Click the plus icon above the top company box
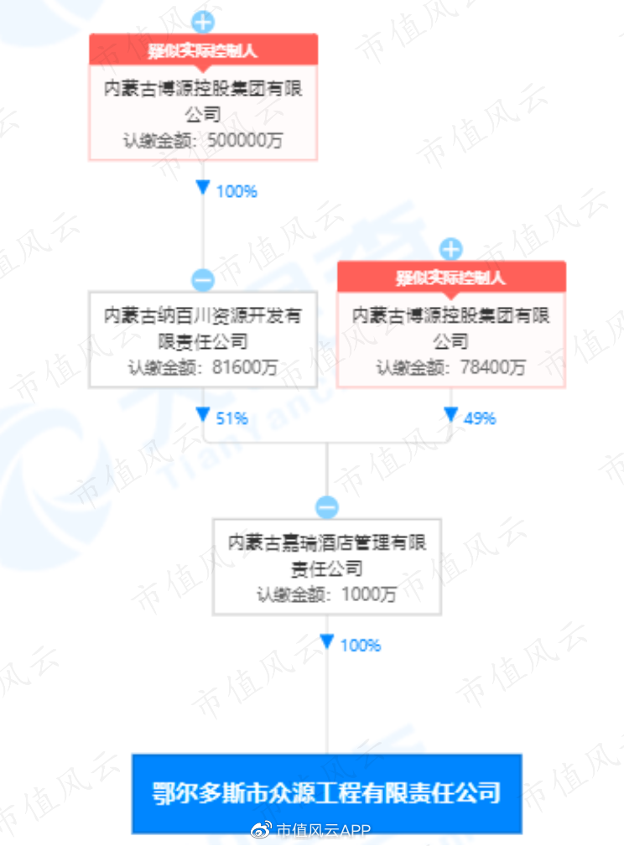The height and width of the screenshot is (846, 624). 203,22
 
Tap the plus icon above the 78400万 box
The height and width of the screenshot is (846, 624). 451,249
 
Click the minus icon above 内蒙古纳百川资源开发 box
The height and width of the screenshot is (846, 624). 203,279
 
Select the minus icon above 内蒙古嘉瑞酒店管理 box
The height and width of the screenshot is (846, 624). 326,507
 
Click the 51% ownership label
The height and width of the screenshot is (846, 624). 231,418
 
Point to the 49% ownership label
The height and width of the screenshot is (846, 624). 480,418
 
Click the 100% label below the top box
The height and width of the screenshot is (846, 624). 237,191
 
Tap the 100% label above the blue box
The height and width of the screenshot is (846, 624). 361,645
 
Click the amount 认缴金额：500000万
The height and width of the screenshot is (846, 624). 203,140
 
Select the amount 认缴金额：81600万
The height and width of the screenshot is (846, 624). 203,367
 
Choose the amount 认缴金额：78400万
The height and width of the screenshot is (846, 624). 451,367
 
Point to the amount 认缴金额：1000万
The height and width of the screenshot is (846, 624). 326,594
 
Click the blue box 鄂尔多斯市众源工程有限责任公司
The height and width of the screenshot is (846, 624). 326,793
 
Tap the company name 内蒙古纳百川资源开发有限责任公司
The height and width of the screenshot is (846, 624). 203,329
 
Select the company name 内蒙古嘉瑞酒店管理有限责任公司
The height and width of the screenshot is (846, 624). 326,555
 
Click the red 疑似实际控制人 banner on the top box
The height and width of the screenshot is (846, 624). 203,49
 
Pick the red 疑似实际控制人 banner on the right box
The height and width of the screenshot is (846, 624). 451,277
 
